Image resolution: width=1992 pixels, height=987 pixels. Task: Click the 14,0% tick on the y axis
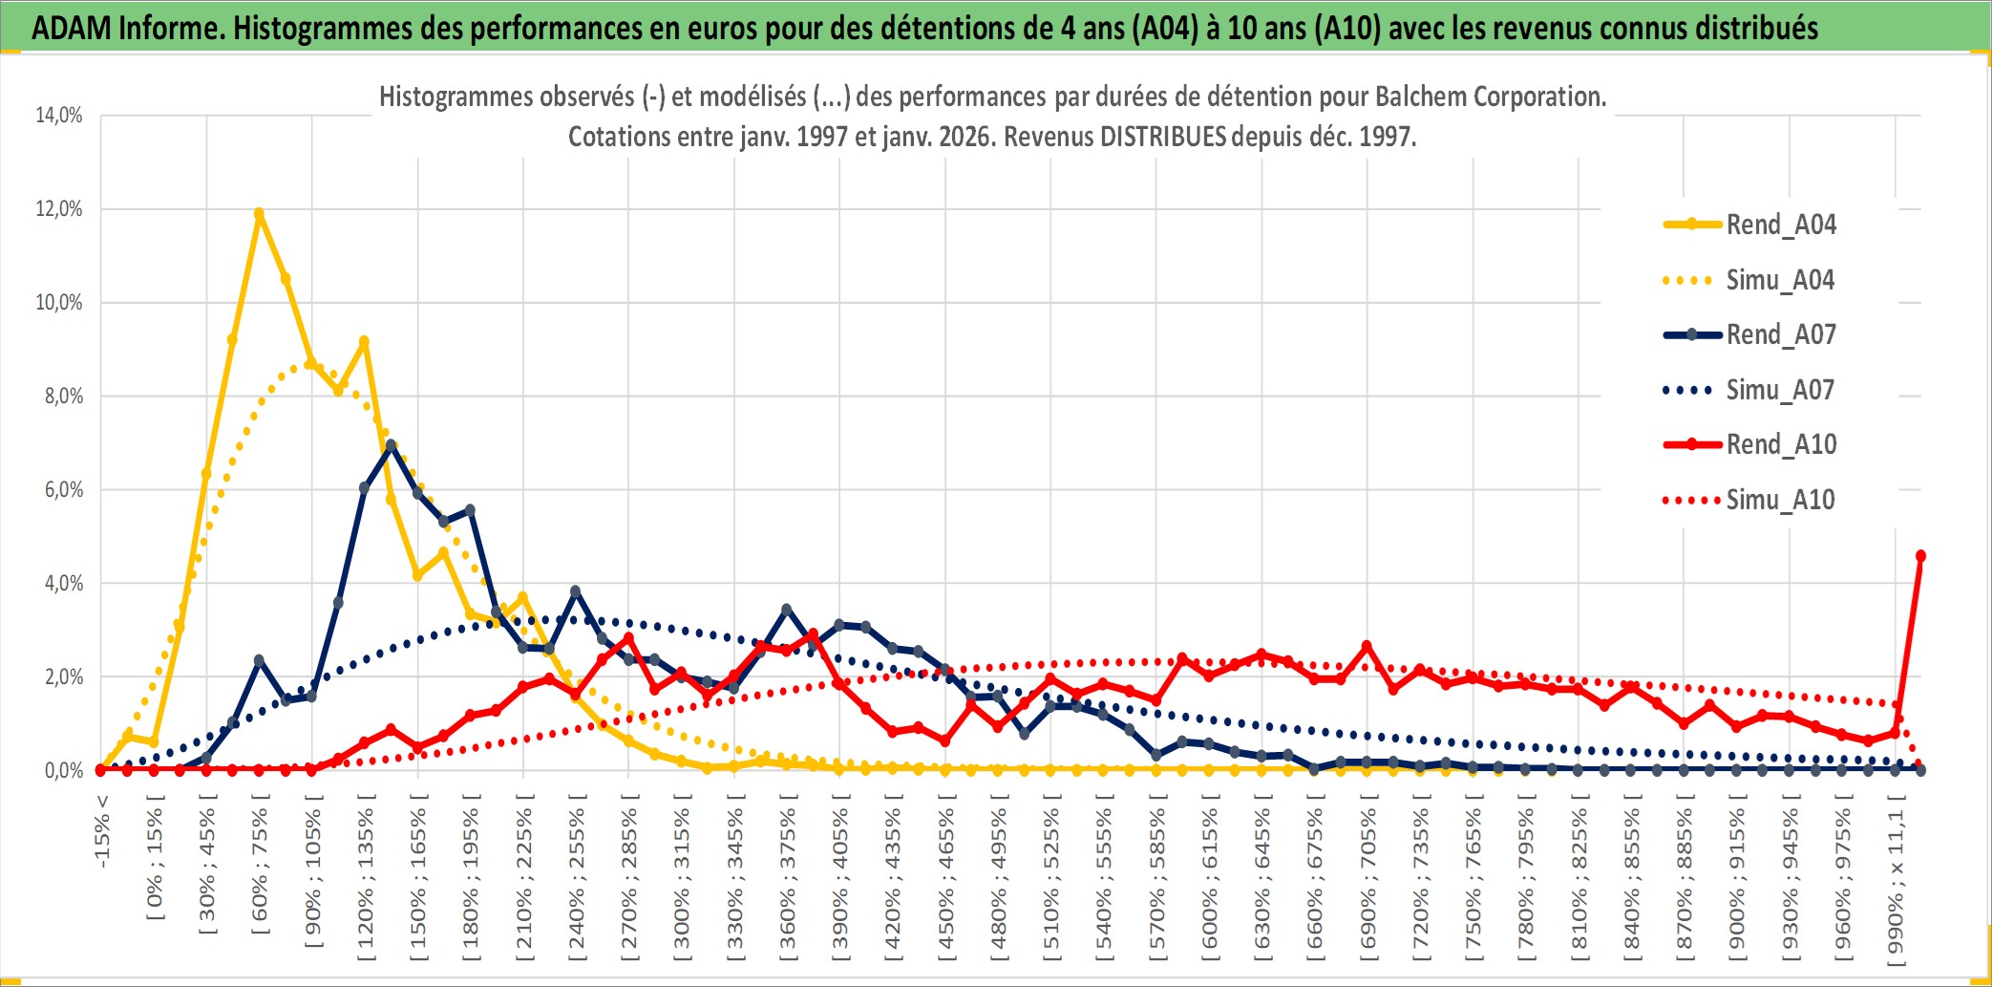(x=59, y=116)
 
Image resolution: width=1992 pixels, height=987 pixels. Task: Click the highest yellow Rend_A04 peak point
(x=259, y=214)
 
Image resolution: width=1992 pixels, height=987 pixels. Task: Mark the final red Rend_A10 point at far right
(x=1920, y=556)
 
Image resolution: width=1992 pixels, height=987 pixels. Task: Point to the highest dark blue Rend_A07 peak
(x=391, y=445)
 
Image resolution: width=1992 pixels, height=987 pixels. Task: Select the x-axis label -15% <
(x=102, y=831)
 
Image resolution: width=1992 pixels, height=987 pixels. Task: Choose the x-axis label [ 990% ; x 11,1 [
(x=1896, y=879)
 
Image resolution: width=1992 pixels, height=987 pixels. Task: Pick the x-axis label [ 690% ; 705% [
(x=1368, y=879)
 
